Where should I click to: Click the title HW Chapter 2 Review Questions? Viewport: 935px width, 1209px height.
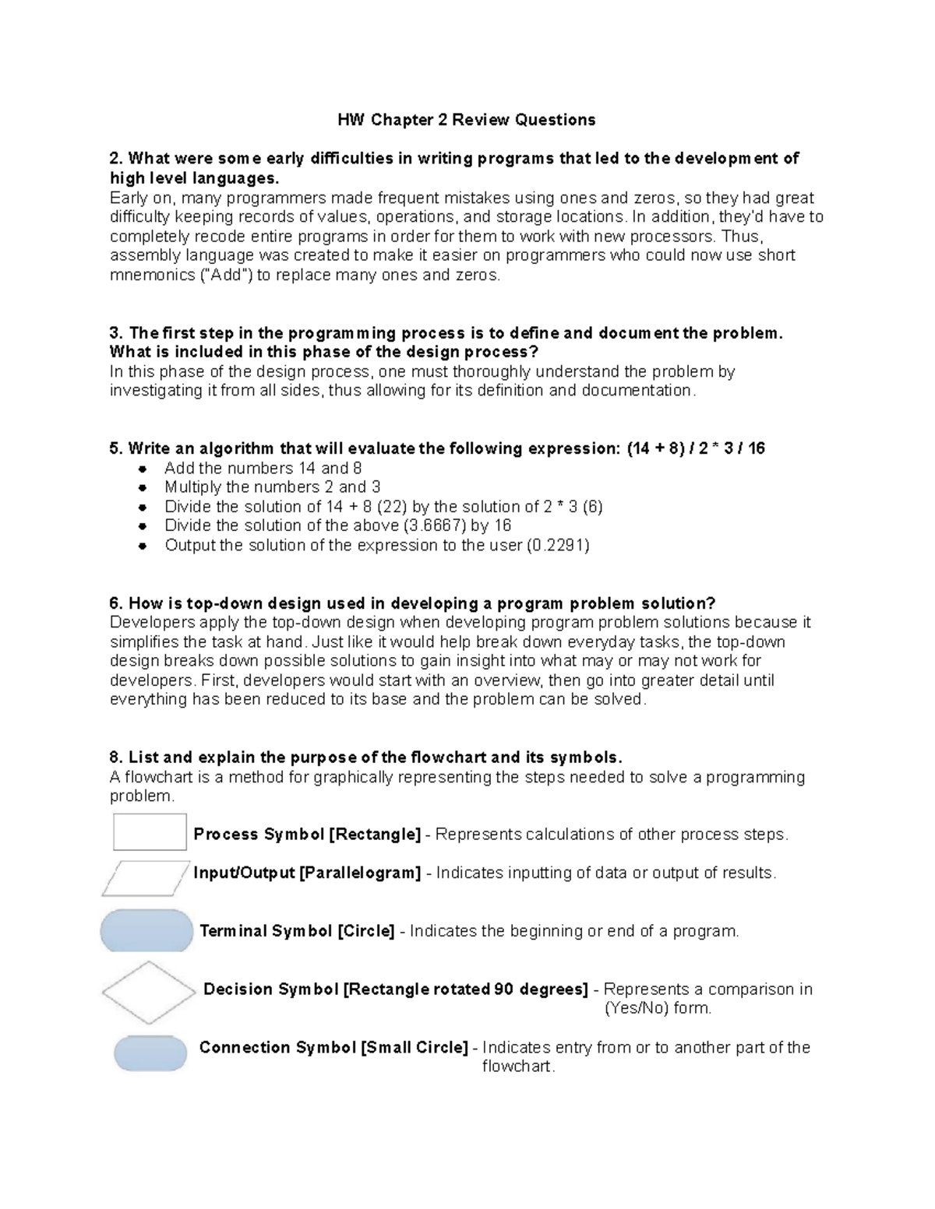(x=466, y=120)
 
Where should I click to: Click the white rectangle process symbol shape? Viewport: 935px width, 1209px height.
(x=150, y=832)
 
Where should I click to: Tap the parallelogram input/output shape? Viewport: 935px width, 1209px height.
(x=145, y=878)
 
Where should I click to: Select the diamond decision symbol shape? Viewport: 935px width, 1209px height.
(x=148, y=993)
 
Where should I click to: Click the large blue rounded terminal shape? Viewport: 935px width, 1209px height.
(x=146, y=930)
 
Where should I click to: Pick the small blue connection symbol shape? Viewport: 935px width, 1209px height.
(x=150, y=1053)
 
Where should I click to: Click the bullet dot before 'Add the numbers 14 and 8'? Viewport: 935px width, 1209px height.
(x=143, y=469)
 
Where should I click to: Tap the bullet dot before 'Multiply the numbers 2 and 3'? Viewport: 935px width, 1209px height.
(x=143, y=488)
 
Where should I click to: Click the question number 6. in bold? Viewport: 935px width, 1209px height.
(x=117, y=603)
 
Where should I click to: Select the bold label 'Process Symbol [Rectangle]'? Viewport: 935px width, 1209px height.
(x=307, y=835)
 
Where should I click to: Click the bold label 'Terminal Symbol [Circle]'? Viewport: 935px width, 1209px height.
(x=297, y=931)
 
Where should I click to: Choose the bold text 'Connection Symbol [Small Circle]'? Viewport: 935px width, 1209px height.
(x=333, y=1047)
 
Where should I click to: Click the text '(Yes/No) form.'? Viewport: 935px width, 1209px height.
(x=658, y=1008)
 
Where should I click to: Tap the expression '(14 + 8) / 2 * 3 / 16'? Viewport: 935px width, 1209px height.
(x=695, y=448)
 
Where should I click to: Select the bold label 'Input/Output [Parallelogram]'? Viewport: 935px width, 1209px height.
(x=307, y=873)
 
